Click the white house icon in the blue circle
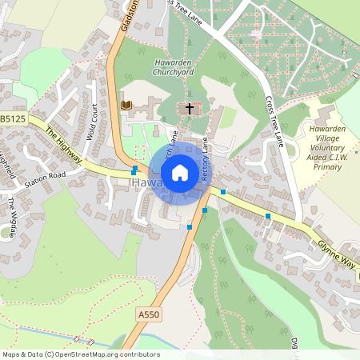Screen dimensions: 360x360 point(180,172)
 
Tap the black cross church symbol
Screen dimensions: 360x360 point(190,107)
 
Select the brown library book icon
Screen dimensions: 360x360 point(126,105)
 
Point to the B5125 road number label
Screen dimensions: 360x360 point(13,118)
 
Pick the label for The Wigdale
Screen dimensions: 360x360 point(12,214)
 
